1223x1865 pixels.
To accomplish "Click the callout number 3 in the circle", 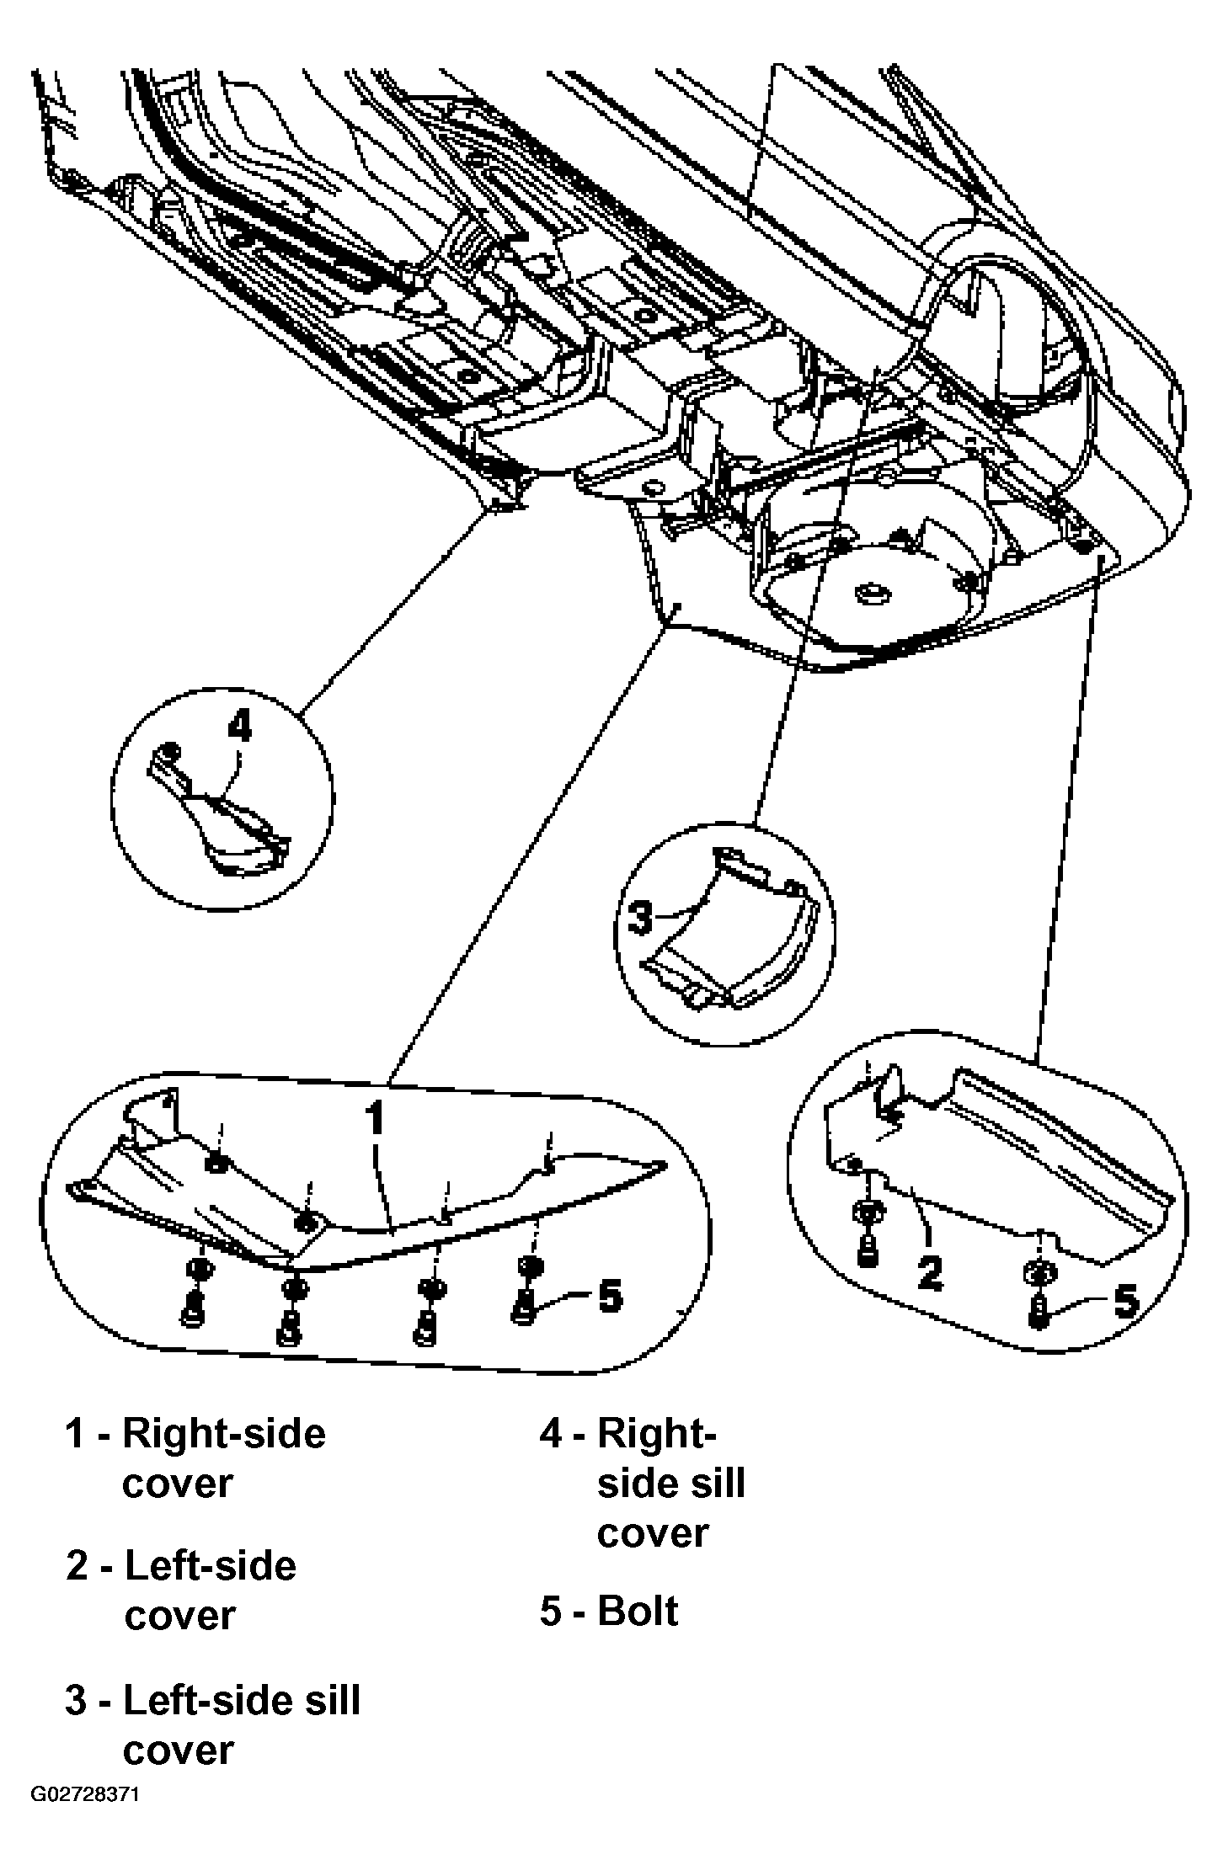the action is coord(640,918).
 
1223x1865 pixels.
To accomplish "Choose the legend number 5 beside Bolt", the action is coord(551,1612).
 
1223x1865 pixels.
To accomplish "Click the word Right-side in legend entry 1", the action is coord(224,1434).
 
